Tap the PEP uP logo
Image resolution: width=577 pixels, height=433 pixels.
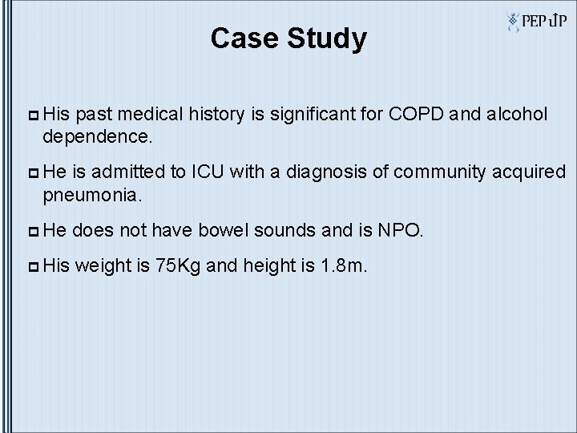pyautogui.click(x=535, y=22)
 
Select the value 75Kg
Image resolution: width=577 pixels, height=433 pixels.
pyautogui.click(x=179, y=266)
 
